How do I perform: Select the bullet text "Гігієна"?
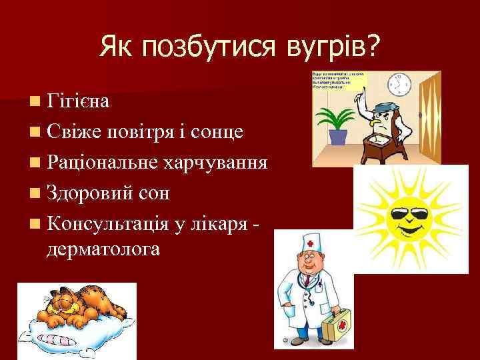pos(81,101)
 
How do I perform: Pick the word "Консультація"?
pos(113,224)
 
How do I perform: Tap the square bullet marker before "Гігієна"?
pos(34,102)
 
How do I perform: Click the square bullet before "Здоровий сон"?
pos(34,194)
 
